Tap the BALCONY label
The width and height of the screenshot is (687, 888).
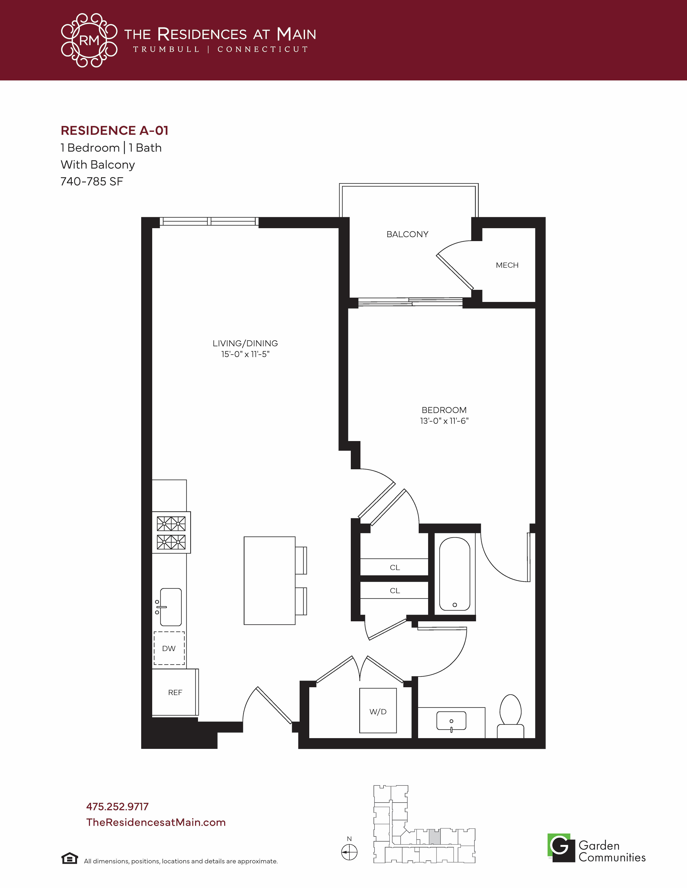click(x=407, y=234)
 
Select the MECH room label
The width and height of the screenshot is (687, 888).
click(x=507, y=265)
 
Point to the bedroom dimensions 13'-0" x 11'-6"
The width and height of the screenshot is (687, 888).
click(x=445, y=421)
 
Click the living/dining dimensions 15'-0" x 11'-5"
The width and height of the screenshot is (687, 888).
click(x=245, y=354)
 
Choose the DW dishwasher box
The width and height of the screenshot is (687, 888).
click(x=169, y=648)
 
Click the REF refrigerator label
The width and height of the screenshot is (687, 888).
click(x=175, y=692)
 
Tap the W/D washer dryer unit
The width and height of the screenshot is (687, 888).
click(x=378, y=710)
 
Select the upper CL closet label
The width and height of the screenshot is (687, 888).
click(x=395, y=567)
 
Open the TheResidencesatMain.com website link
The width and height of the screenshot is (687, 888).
click(x=156, y=822)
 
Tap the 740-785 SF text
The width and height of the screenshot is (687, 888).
click(x=92, y=181)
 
